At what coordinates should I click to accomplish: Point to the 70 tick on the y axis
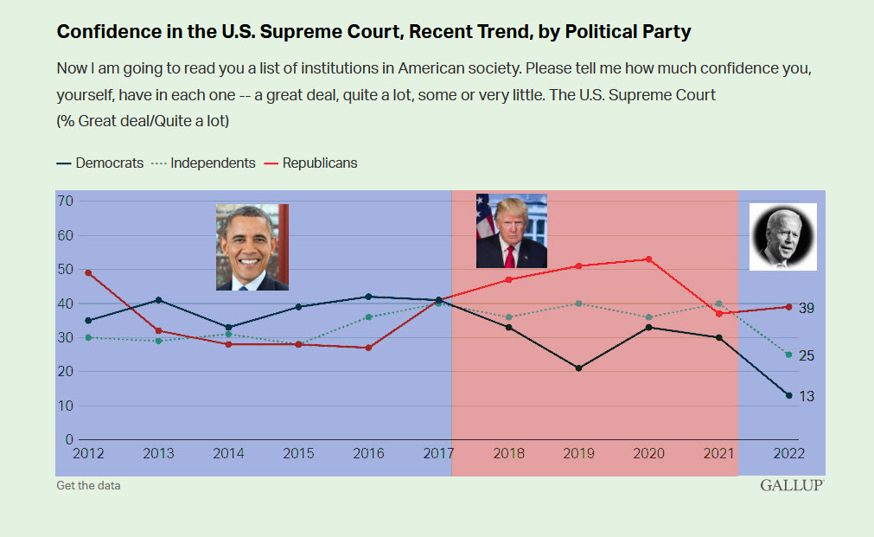click(65, 201)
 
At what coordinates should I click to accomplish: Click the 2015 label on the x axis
click(298, 453)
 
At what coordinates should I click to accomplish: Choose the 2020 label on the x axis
click(648, 453)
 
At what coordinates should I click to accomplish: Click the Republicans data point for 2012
click(88, 272)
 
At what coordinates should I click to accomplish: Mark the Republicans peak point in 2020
click(648, 259)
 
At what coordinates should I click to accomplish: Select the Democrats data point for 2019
click(578, 368)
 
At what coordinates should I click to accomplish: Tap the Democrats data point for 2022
click(788, 395)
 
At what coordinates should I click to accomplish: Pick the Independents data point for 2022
click(788, 355)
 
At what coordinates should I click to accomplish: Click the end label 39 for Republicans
click(806, 309)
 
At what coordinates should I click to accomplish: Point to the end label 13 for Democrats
click(806, 396)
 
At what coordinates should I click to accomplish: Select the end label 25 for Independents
click(806, 356)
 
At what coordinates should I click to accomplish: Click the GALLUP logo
click(792, 485)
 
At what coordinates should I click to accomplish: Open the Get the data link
click(88, 485)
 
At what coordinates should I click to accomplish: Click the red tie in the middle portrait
click(510, 256)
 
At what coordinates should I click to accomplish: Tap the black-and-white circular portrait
click(782, 237)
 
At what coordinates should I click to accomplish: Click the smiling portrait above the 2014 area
click(252, 246)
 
